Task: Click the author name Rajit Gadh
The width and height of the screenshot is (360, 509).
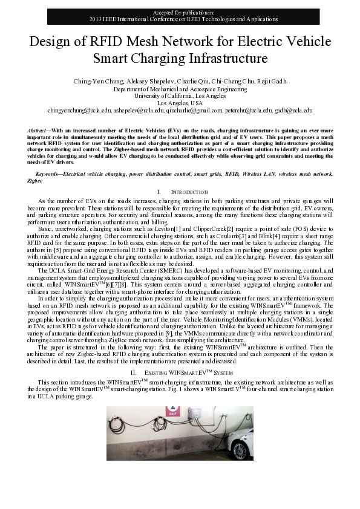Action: point(272,82)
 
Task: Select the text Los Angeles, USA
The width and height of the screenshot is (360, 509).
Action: point(180,103)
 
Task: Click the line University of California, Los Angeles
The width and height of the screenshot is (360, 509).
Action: point(180,96)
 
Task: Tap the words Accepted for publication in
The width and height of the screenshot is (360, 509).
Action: point(180,12)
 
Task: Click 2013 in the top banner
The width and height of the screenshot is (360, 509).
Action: point(96,19)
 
